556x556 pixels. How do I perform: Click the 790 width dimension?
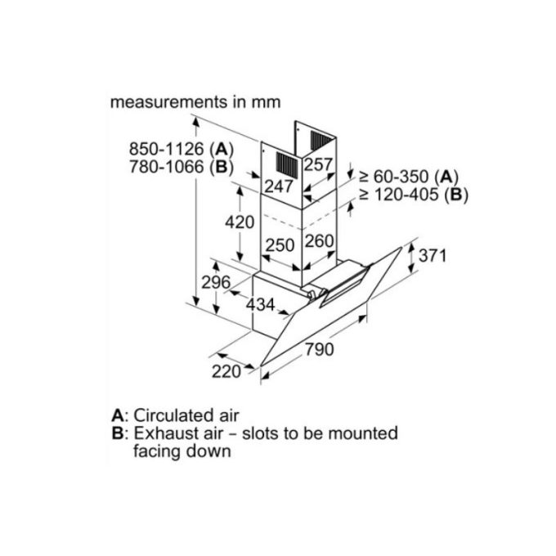[x=320, y=350]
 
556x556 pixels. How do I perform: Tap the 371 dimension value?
[x=433, y=255]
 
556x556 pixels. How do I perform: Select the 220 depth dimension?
[x=226, y=372]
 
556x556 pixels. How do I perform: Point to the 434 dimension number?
[x=260, y=305]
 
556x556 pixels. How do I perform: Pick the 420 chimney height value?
[x=240, y=222]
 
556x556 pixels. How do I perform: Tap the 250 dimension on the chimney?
[x=280, y=243]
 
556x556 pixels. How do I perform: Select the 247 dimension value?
[x=279, y=187]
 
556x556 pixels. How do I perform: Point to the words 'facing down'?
[x=181, y=451]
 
